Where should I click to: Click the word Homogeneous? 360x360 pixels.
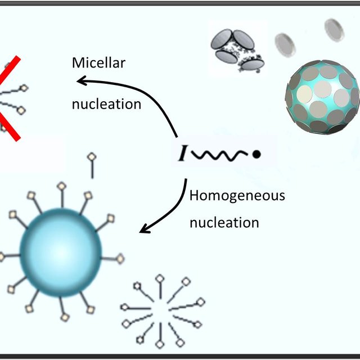click(237, 196)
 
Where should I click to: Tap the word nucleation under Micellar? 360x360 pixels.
click(106, 104)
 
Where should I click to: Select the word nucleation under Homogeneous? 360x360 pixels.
click(224, 222)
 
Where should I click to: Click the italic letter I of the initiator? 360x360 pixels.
click(183, 153)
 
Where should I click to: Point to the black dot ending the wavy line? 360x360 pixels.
click(256, 153)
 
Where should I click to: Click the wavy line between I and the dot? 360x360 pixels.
click(220, 152)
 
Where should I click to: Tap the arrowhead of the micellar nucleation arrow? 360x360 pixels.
click(82, 82)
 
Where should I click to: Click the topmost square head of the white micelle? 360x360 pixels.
click(160, 278)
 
